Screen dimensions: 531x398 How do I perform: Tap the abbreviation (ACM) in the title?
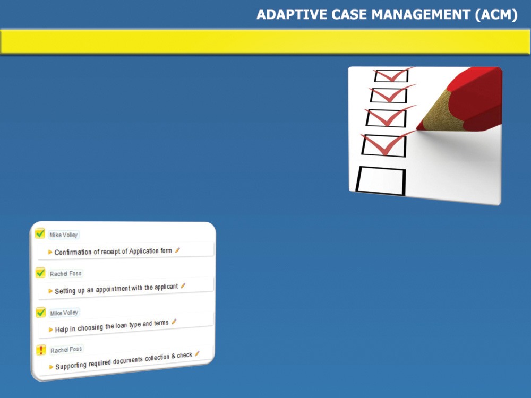click(x=496, y=15)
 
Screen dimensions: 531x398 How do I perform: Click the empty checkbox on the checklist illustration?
click(x=381, y=181)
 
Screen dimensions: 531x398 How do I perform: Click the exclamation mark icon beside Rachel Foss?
click(x=41, y=350)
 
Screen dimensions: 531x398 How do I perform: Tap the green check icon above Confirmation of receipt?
click(x=40, y=233)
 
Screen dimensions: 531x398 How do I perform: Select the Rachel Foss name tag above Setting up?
click(x=66, y=273)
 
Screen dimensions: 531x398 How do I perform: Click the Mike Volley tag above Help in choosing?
click(x=64, y=313)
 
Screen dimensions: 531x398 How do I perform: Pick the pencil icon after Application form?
click(x=177, y=250)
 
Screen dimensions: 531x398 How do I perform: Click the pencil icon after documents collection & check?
click(x=197, y=353)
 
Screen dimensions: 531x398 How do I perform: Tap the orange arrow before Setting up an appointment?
click(x=50, y=291)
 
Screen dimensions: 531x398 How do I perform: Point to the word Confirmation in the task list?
click(x=73, y=252)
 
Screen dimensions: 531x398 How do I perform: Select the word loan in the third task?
click(x=121, y=326)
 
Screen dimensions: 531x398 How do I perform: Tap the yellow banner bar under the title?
click(x=265, y=41)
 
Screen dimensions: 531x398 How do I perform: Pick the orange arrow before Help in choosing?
click(x=51, y=330)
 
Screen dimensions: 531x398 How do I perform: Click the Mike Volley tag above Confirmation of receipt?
click(x=63, y=235)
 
